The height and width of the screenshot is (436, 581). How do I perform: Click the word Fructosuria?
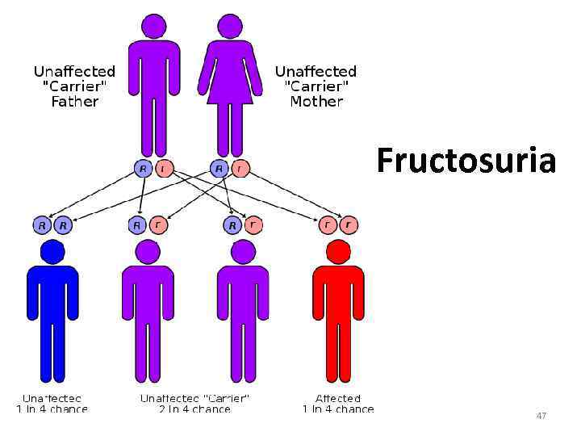point(466,161)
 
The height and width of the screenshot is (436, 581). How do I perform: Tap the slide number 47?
point(541,416)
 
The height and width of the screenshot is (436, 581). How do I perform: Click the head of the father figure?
point(153,26)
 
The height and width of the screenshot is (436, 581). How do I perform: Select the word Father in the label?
point(74,102)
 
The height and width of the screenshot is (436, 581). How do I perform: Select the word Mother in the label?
point(316,102)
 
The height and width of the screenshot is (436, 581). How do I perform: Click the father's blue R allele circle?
point(143,169)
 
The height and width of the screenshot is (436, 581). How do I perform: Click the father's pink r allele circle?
point(163,169)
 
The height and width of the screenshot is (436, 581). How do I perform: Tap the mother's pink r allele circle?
point(240,169)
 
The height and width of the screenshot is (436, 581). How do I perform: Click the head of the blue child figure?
point(52,252)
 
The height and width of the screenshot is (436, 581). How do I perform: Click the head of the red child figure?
point(338,252)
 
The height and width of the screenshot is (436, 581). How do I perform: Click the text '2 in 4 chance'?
point(194,409)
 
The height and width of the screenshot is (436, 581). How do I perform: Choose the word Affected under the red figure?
point(338,398)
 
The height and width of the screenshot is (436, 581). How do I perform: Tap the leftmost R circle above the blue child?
point(42,225)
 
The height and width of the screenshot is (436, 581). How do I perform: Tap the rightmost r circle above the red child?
point(349,225)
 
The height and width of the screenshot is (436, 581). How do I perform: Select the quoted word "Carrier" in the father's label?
point(74,86)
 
